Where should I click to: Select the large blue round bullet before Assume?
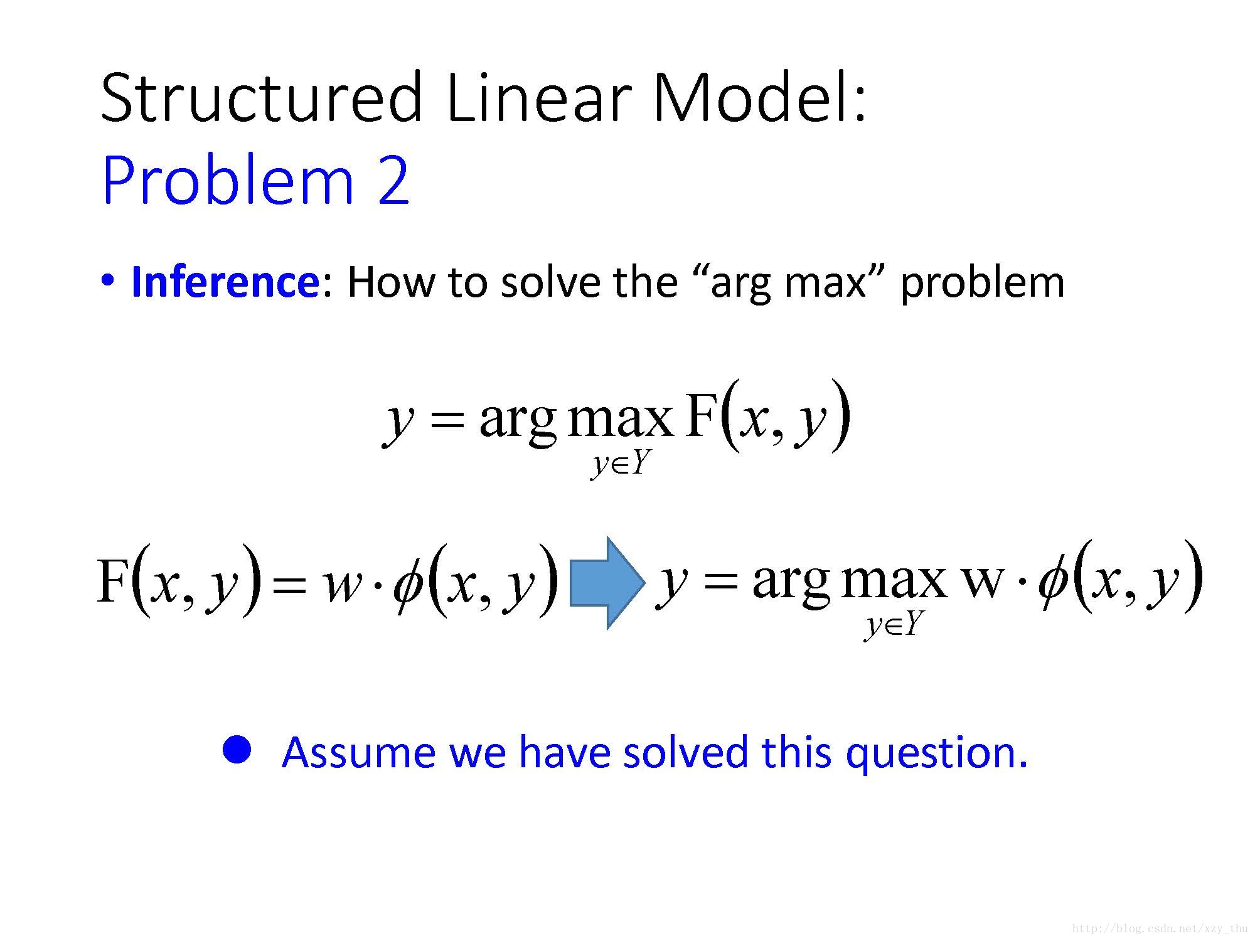point(237,749)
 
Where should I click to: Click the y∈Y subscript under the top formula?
point(619,465)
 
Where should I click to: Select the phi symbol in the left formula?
point(408,586)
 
